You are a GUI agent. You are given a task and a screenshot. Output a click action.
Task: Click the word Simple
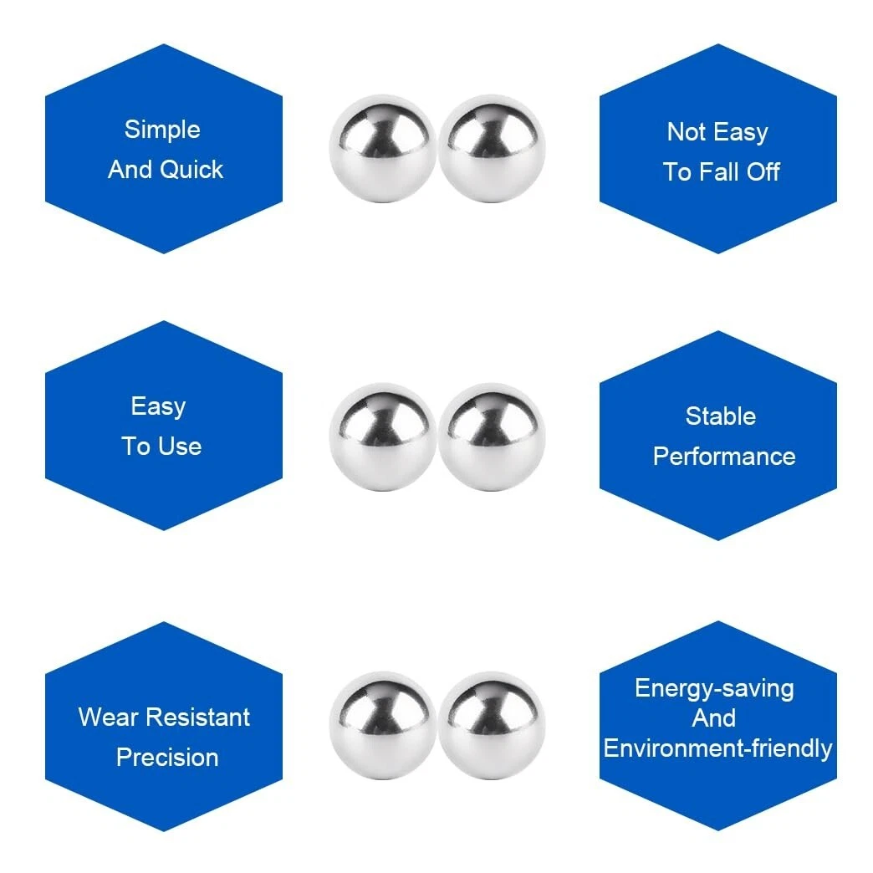162,130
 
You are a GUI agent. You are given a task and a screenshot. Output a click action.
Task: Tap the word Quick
191,170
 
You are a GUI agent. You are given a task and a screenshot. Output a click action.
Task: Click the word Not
686,132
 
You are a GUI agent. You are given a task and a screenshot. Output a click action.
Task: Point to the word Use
180,447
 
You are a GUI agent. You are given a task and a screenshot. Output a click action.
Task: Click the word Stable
720,416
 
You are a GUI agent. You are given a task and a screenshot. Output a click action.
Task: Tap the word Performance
723,457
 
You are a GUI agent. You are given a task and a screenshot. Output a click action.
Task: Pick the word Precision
167,758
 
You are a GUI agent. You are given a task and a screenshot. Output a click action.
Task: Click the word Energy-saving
714,688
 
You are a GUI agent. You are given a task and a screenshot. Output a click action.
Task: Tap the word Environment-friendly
717,748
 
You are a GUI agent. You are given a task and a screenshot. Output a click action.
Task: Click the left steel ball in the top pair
382,148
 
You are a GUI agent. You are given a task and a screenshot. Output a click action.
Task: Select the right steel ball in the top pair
492,148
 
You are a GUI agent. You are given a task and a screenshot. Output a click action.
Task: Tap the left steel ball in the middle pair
382,436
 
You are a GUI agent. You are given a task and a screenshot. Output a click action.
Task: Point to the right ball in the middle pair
492,436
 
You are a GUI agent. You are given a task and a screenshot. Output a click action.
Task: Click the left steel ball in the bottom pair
382,726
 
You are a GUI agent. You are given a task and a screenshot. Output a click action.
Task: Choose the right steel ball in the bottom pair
492,726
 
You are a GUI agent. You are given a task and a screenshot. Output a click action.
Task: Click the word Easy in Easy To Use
158,407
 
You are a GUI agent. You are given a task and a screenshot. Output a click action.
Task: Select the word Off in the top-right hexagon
763,172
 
